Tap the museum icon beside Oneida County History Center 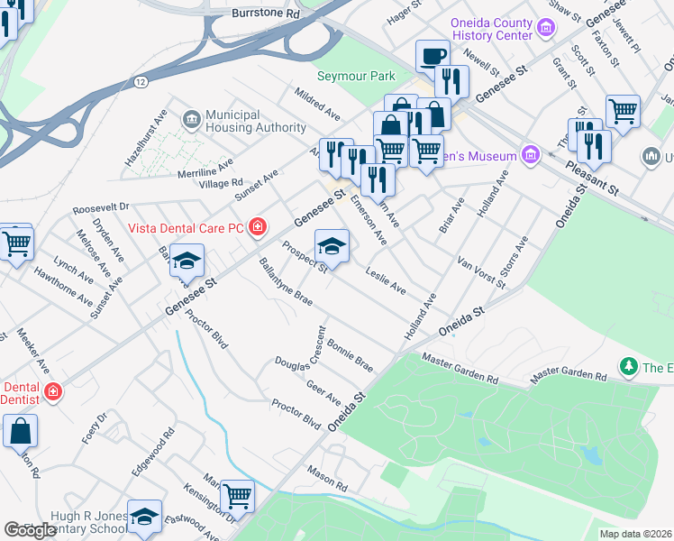pyautogui.click(x=545, y=29)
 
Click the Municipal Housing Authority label pyautogui.click(x=243, y=121)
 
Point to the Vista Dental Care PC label pyautogui.click(x=186, y=227)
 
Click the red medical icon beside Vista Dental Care pyautogui.click(x=258, y=226)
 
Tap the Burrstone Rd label pyautogui.click(x=265, y=14)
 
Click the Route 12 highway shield pyautogui.click(x=141, y=82)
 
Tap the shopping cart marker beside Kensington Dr pyautogui.click(x=237, y=495)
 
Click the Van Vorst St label pyautogui.click(x=482, y=271)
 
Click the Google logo pyautogui.click(x=31, y=530)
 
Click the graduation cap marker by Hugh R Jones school pyautogui.click(x=144, y=517)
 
